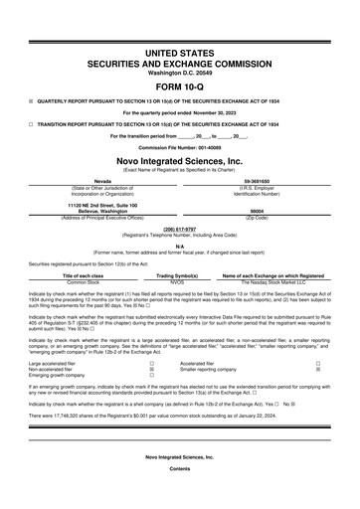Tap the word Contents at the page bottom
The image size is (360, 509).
(x=180, y=494)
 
